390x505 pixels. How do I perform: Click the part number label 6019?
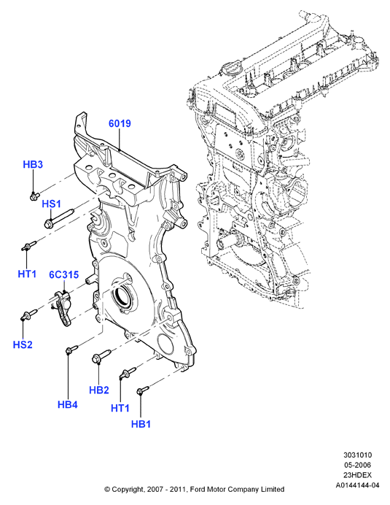(120, 123)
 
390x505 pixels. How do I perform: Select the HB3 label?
(33, 165)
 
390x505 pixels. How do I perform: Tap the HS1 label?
(51, 204)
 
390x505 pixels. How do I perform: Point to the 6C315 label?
(63, 274)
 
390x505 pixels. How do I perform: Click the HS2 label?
(23, 344)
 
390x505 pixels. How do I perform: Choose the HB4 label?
(68, 404)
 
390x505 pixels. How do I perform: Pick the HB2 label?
(99, 390)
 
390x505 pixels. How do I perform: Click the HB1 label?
(141, 424)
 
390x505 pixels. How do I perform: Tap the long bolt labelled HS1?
(59, 217)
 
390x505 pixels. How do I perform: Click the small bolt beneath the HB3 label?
(34, 196)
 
